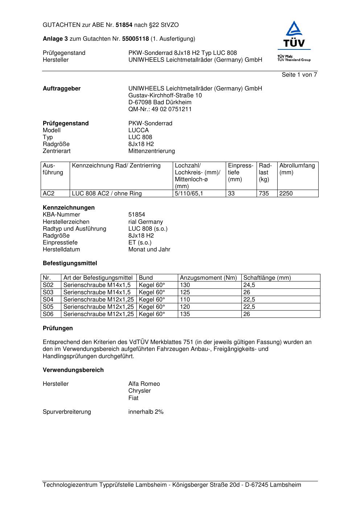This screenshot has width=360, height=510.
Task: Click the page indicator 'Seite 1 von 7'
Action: (x=299, y=75)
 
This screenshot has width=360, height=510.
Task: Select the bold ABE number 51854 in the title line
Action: (x=124, y=25)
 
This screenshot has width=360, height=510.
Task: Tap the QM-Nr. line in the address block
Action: (x=160, y=109)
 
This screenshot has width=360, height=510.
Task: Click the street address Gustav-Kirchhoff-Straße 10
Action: (x=165, y=96)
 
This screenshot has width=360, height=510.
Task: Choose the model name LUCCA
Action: (x=138, y=130)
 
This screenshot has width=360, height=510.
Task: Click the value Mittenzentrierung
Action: (x=151, y=151)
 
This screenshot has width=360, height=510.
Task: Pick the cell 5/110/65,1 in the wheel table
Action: (x=189, y=194)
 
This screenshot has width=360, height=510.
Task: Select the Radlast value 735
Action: (x=264, y=194)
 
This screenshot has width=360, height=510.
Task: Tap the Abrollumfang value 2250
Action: (x=286, y=194)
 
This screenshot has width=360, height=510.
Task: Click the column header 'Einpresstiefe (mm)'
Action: (x=241, y=173)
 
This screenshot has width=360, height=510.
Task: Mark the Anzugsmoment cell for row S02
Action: (x=185, y=285)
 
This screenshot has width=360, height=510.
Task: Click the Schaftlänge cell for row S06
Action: (x=247, y=314)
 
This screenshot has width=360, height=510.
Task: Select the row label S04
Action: (x=48, y=300)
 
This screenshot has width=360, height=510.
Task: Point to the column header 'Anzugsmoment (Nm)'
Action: (x=208, y=278)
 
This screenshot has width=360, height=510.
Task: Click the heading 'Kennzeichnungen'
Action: (x=69, y=208)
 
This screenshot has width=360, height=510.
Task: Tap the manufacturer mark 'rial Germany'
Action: (x=146, y=222)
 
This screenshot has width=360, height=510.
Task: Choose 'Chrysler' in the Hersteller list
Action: (x=139, y=391)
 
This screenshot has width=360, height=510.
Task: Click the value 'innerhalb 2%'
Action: (x=146, y=412)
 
